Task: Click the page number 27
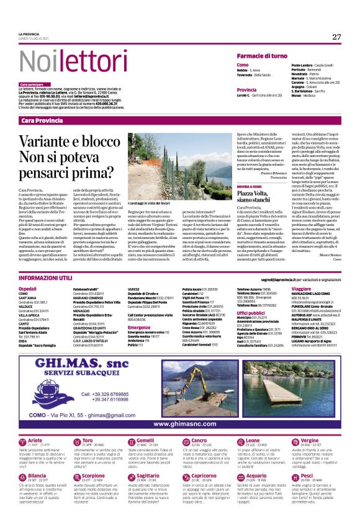[336, 37]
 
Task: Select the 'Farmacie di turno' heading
[262, 56]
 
